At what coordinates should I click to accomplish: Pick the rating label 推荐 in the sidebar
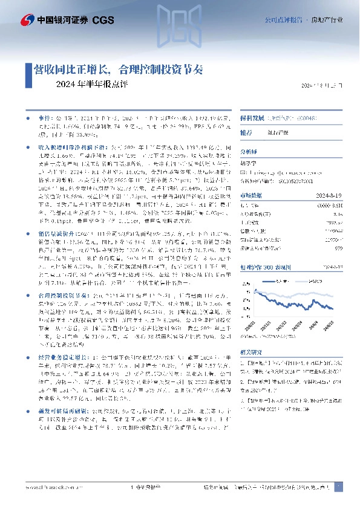click(247, 132)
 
